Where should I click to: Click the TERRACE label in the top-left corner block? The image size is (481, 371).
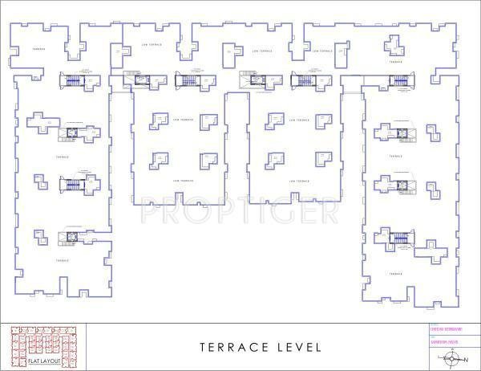38,50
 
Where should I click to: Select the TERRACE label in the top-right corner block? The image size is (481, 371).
395,61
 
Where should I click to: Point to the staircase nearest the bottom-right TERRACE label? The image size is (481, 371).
400,236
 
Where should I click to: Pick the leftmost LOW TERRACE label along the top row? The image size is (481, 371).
151,45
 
